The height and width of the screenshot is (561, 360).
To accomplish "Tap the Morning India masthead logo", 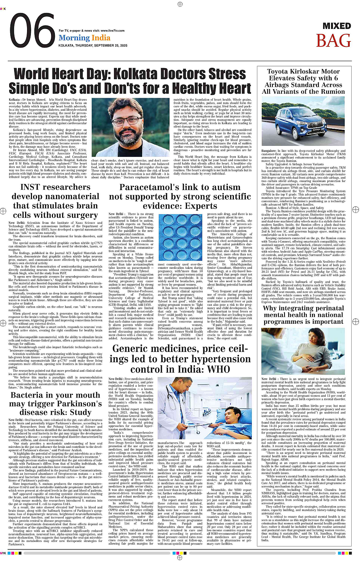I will click(x=84, y=38).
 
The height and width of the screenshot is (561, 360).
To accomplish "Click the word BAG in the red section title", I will click(x=333, y=41).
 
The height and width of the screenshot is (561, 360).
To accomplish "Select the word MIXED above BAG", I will click(x=337, y=26).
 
